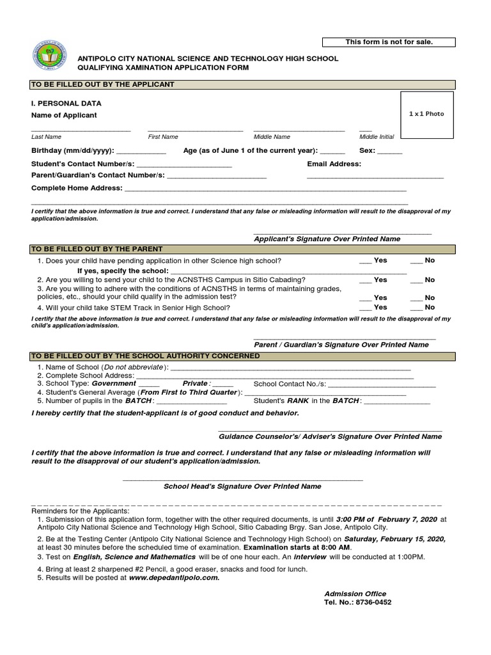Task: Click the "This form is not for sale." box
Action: pos(389,42)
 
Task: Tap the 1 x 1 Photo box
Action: pos(426,114)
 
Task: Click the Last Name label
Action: pos(47,137)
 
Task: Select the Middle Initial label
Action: pos(377,137)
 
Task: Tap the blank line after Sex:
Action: pos(390,152)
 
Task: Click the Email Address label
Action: pos(334,164)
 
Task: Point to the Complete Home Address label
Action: pos(77,188)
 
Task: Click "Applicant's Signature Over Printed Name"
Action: pos(327,239)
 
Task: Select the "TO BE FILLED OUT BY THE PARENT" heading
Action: pos(97,249)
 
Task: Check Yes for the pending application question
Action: pos(366,261)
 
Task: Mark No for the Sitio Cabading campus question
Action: pos(416,280)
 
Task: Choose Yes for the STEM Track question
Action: pos(366,308)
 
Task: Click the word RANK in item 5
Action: pos(298,401)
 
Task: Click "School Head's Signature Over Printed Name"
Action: pos(242,486)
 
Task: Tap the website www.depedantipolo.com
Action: pos(174,578)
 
